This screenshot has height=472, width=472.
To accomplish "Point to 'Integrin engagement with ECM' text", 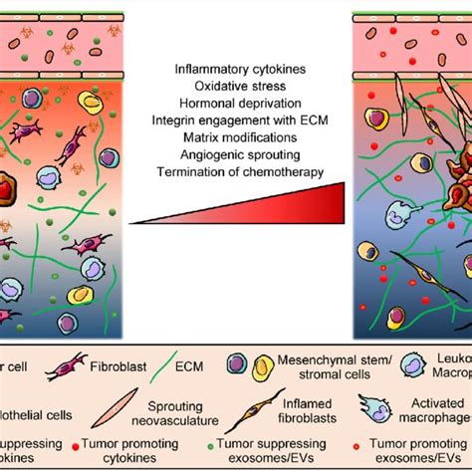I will click(237, 119).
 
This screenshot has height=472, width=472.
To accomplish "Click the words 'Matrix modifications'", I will click(237, 137).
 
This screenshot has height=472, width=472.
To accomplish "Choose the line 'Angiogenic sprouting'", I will click(237, 155).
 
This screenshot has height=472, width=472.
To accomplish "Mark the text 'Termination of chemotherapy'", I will click(237, 173).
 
